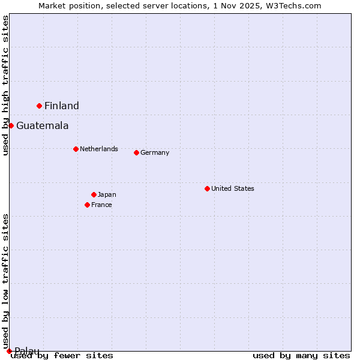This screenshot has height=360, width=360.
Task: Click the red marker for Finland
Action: coord(40,106)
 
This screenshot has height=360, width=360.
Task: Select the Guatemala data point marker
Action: coord(11,125)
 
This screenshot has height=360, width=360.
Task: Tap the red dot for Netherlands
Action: coord(76,149)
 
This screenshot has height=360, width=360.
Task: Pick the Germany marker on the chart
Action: coord(136,152)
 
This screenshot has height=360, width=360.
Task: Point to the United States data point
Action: coord(207,188)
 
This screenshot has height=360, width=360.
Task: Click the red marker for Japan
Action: coord(94,194)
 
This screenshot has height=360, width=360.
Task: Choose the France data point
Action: coord(88,205)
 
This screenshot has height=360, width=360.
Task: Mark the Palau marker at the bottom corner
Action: coord(9,351)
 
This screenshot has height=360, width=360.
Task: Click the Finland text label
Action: coord(62,106)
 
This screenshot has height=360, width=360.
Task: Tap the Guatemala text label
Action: coord(42,126)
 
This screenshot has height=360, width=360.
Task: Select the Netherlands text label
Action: coord(99,149)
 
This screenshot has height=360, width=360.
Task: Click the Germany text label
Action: coord(155,152)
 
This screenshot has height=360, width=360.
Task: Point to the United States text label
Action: coord(233,188)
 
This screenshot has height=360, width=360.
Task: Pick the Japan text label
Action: coord(107,194)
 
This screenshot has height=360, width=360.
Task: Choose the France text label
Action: coord(101,205)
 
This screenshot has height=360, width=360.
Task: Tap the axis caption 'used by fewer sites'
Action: coord(62,355)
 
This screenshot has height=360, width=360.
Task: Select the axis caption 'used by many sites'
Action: coord(301,355)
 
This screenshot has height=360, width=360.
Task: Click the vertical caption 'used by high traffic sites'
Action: coord(5,85)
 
